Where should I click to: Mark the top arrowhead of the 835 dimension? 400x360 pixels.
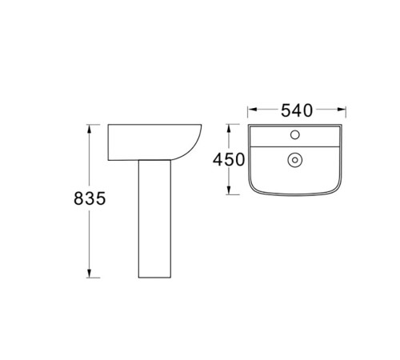[x=90, y=128]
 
